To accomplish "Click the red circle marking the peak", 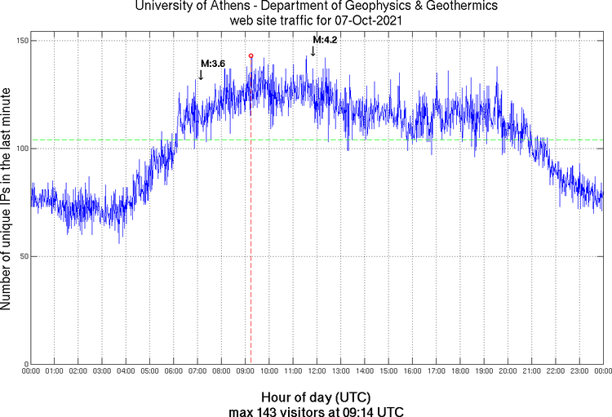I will [251, 55].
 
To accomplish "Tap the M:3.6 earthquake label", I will [213, 64].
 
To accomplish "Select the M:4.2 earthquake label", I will [325, 39].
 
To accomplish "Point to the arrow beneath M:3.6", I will [201, 75].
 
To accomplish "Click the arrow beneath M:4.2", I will [313, 51].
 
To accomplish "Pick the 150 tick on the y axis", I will [22, 41].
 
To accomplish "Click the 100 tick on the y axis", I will [22, 149].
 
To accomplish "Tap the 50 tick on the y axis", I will [24, 256].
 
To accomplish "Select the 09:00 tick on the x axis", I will [246, 371].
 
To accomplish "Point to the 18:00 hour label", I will [459, 371].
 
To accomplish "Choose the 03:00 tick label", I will [103, 371].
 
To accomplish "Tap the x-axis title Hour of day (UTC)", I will [316, 396].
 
